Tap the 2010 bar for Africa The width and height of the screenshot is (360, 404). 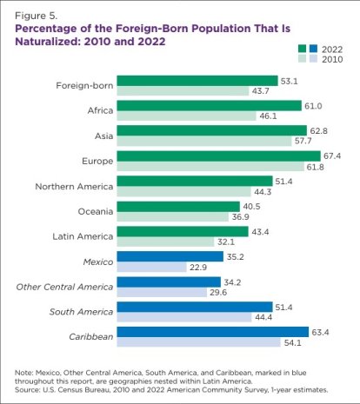point(184,116)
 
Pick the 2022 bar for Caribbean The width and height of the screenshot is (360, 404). point(213,331)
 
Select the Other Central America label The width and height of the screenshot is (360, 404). point(63,286)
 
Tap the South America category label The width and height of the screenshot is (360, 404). point(75,311)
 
